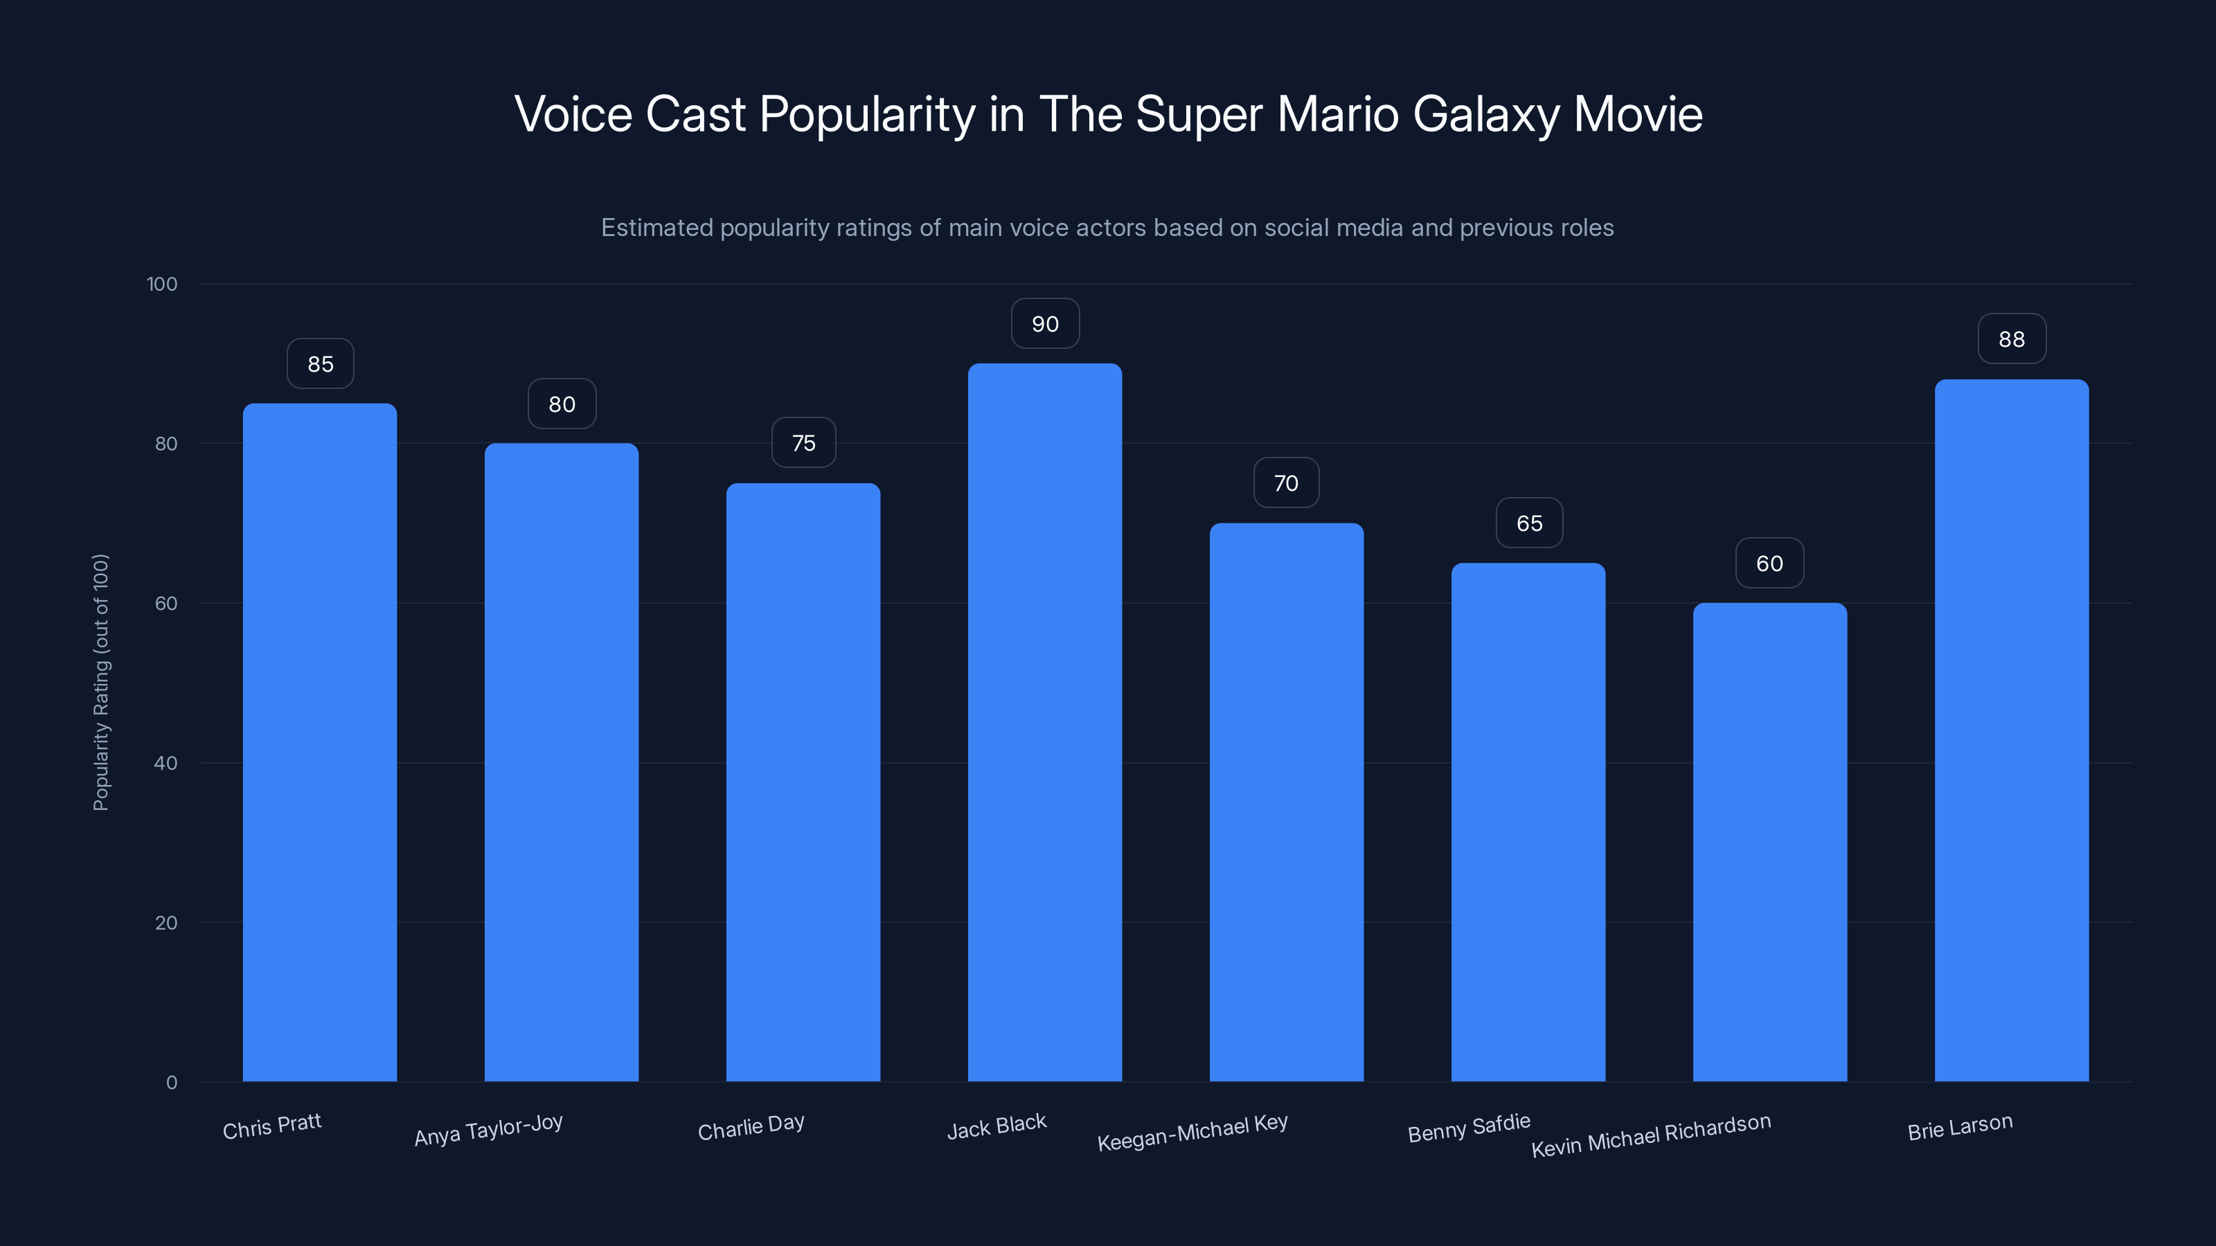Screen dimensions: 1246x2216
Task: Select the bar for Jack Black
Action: (x=1044, y=722)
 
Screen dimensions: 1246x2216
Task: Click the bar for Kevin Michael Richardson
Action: (x=1769, y=842)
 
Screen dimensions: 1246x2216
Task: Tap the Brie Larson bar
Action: (x=2011, y=731)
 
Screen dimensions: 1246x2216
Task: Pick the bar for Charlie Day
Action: (x=803, y=782)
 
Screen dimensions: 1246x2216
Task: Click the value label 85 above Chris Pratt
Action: (x=320, y=363)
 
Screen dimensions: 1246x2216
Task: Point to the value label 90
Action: (x=1045, y=324)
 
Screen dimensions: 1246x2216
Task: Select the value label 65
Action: (x=1528, y=524)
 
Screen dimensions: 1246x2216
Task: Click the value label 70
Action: (x=1286, y=483)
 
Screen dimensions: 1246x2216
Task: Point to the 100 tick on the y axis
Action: (x=162, y=284)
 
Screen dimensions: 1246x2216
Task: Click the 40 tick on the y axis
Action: (x=166, y=763)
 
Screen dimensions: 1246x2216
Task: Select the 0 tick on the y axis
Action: (x=171, y=1083)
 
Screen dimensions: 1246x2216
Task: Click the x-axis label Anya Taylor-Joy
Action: (x=489, y=1129)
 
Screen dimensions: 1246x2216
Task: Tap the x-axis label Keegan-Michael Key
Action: (x=1192, y=1132)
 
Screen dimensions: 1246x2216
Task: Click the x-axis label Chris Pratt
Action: (x=272, y=1126)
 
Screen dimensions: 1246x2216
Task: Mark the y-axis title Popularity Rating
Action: (x=100, y=682)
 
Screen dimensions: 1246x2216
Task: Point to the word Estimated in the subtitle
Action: (x=657, y=228)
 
